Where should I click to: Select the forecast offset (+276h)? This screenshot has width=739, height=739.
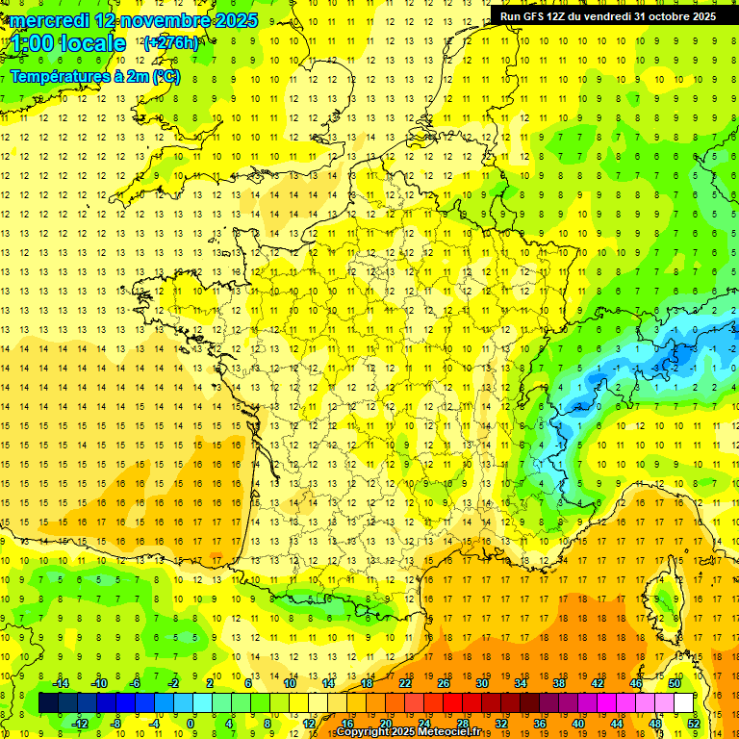pos(171,42)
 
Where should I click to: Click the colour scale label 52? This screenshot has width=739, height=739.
pos(693,723)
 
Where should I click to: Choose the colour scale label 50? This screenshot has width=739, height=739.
pos(674,682)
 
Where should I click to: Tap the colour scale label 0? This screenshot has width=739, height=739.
pos(191,723)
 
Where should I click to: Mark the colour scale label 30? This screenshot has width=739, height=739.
pos(481,682)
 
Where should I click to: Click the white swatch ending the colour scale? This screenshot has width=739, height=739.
pos(683,702)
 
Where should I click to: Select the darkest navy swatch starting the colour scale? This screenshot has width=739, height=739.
pos(48,702)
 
